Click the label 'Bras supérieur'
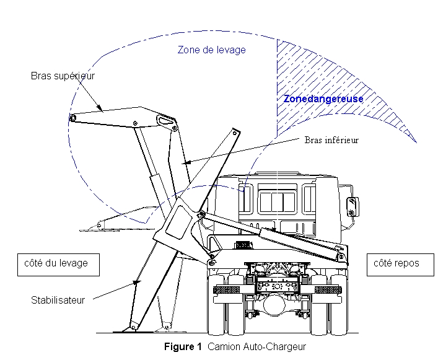[63, 76]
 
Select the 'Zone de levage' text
[211, 50]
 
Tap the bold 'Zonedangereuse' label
[323, 99]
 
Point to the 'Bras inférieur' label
[331, 140]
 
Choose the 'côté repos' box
[396, 263]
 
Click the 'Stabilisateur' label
[58, 301]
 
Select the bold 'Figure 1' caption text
[184, 347]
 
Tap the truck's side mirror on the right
[353, 206]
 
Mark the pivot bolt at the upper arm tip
[73, 118]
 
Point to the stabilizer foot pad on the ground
[129, 329]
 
